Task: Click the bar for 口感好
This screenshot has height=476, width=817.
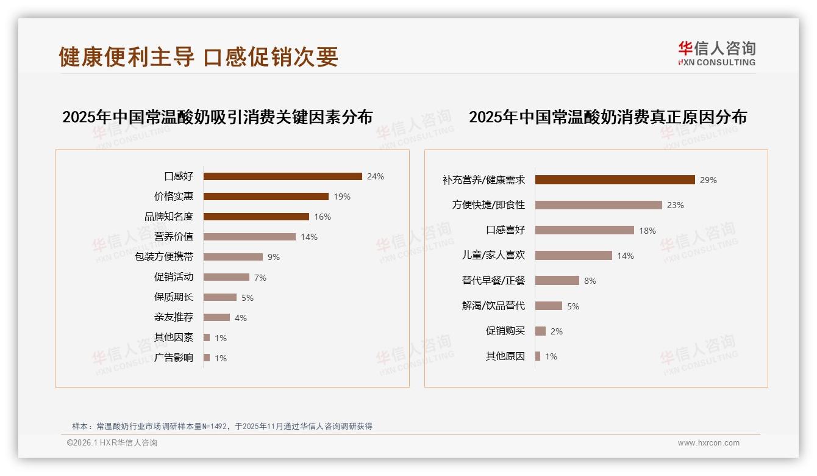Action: click(x=282, y=176)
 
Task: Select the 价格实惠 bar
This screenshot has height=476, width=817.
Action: click(x=266, y=197)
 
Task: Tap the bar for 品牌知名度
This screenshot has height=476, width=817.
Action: click(x=256, y=217)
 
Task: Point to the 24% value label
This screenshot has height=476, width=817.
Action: click(x=376, y=176)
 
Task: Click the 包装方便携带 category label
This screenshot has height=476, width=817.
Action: click(x=164, y=257)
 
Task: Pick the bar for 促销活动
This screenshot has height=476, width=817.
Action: click(x=226, y=277)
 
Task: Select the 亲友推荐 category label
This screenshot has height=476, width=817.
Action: click(x=174, y=317)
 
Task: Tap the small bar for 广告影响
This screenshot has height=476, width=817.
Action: click(x=207, y=358)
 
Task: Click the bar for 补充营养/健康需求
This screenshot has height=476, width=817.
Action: click(x=615, y=180)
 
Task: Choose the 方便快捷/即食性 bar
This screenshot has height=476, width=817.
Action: click(x=598, y=205)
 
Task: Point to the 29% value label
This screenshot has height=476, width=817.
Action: click(x=708, y=180)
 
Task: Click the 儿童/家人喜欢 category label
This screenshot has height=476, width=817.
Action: click(x=493, y=256)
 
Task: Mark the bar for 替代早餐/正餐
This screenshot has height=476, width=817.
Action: click(x=557, y=281)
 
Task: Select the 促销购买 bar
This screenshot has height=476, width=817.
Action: click(x=540, y=331)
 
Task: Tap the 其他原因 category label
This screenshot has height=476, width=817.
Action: click(x=505, y=356)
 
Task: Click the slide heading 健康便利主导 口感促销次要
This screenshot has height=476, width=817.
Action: click(x=199, y=57)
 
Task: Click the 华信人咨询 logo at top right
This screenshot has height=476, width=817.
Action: click(x=716, y=53)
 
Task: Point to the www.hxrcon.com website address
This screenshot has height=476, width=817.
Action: click(x=708, y=443)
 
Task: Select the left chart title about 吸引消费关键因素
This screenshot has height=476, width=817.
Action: click(x=217, y=117)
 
